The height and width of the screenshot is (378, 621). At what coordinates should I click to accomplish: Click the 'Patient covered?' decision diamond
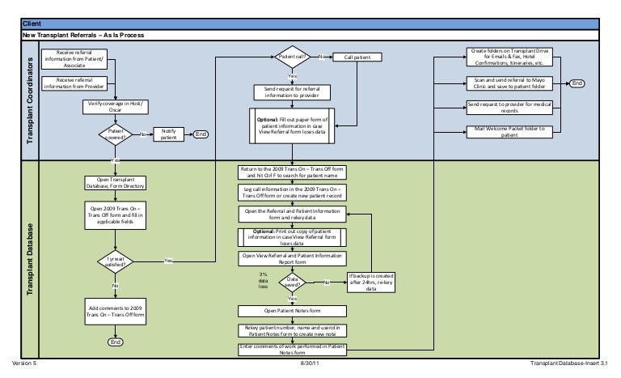point(114,134)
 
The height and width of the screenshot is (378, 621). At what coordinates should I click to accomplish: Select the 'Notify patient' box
point(168,134)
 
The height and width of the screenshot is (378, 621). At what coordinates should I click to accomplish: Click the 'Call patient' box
point(358,57)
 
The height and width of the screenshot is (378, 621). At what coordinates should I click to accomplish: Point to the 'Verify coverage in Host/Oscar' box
point(114,106)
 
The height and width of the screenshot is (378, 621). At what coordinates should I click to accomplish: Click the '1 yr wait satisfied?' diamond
point(114,261)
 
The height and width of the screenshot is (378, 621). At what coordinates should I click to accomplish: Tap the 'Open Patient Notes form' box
point(292,311)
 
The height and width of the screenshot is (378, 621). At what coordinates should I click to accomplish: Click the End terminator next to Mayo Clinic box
point(577,83)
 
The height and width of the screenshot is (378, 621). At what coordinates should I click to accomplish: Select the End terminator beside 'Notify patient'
point(201,134)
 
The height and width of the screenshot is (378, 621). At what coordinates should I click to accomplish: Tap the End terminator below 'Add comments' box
point(114,342)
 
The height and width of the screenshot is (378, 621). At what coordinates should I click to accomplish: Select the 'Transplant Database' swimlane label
point(32,257)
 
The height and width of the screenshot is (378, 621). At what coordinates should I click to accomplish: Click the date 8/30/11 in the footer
point(310,364)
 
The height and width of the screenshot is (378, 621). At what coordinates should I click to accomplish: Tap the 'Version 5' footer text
point(24,364)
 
